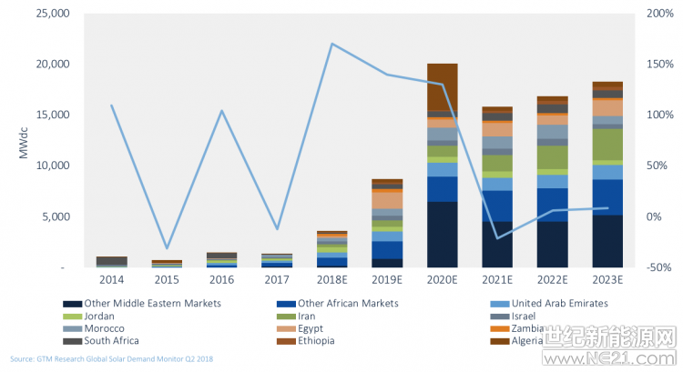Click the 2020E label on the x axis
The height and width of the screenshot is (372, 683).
point(442,281)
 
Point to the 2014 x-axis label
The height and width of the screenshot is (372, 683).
point(112,281)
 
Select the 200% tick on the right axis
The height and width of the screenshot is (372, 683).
point(659,14)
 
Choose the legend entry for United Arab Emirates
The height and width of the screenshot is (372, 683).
point(556,303)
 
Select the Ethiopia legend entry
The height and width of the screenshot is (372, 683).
point(311,341)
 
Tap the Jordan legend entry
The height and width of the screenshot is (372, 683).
point(102,316)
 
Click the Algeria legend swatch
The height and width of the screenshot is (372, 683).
point(497,341)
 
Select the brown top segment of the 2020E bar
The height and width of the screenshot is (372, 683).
point(442,86)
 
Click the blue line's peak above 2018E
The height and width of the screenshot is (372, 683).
point(332,44)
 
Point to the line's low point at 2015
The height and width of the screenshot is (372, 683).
point(167,247)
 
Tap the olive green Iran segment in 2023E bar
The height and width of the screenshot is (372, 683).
point(607,144)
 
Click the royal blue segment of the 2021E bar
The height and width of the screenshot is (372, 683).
point(497,206)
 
